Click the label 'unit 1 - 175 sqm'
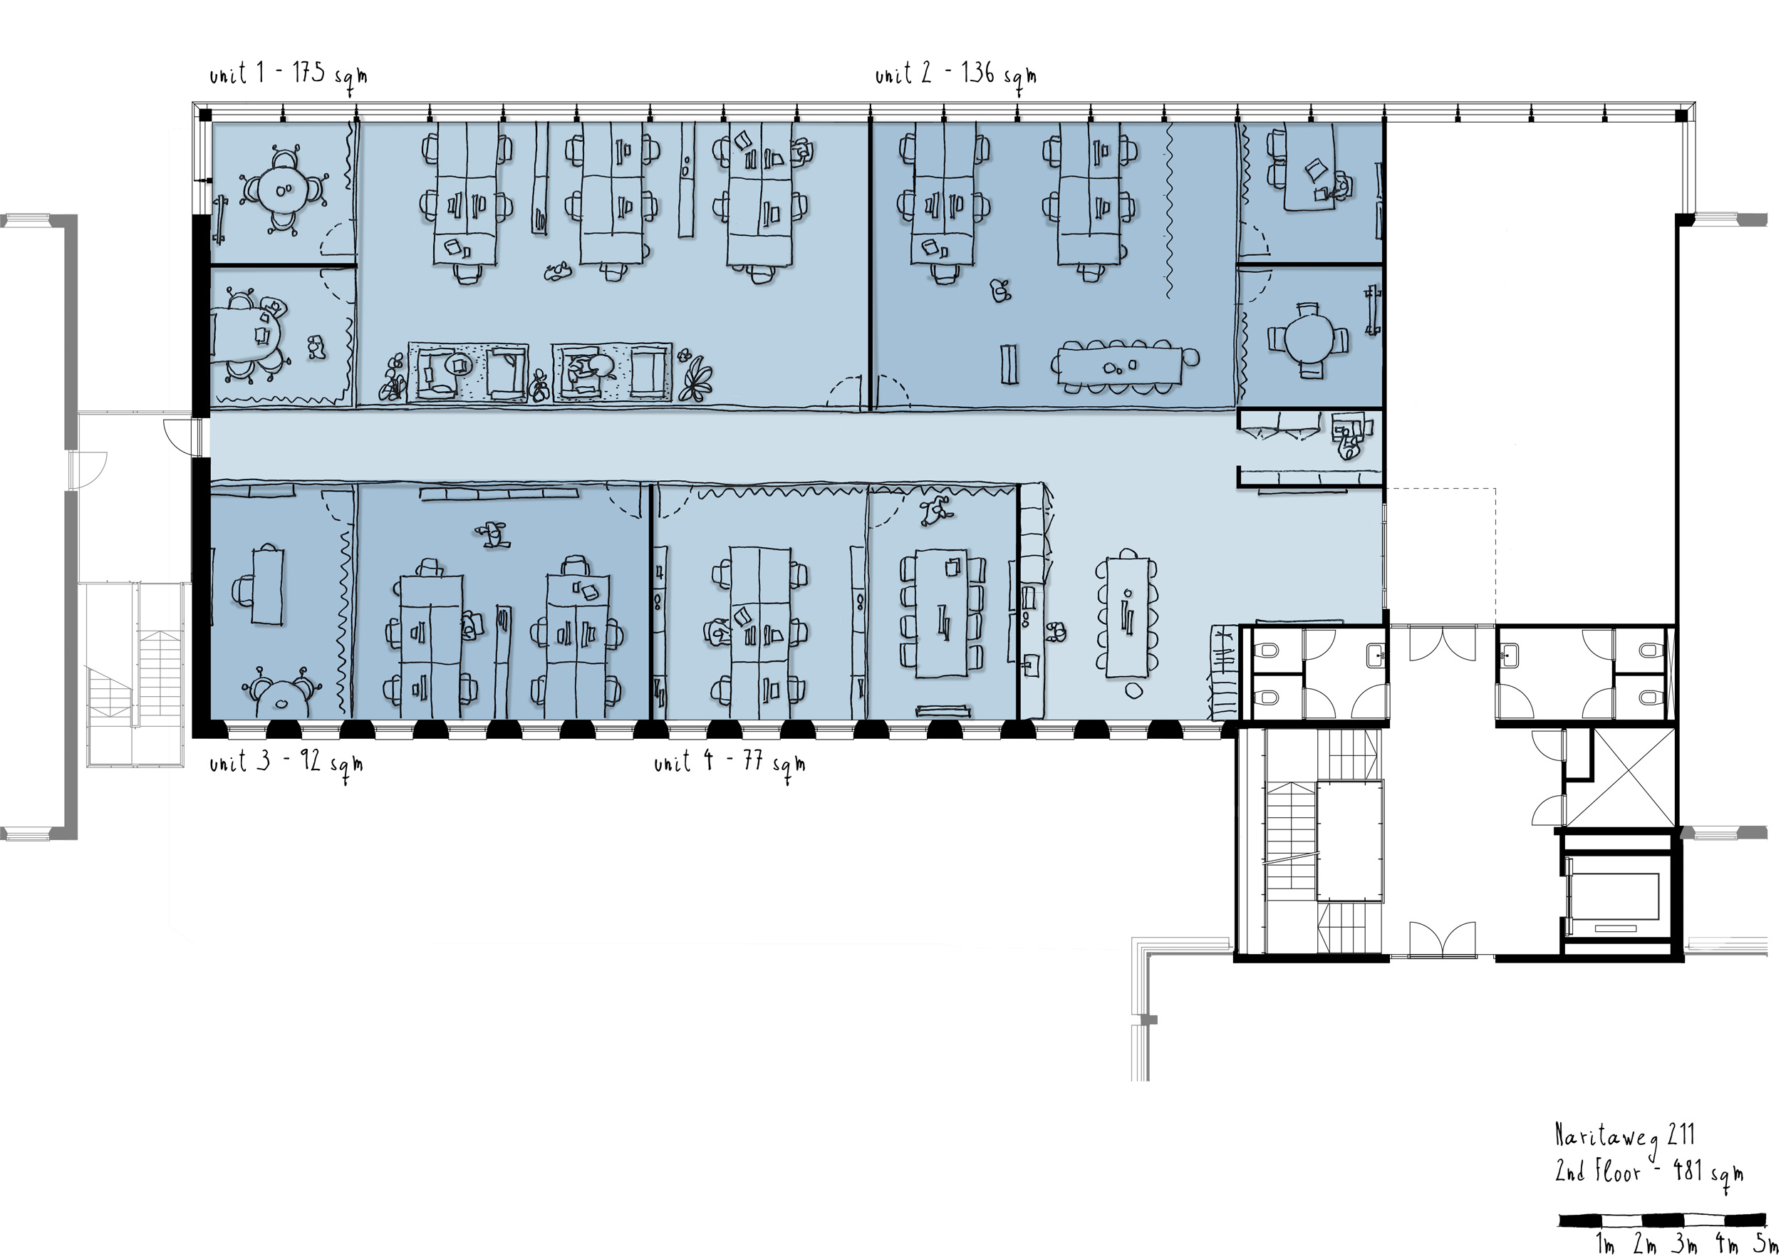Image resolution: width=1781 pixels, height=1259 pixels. [288, 76]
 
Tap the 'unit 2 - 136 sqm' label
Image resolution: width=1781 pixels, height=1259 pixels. [955, 76]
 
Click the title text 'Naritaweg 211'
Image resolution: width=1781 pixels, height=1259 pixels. [1625, 1136]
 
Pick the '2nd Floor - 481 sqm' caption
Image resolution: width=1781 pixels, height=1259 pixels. [1649, 1172]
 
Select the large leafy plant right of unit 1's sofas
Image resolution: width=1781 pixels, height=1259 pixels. [697, 378]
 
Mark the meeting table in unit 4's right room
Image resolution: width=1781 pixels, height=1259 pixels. [942, 612]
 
